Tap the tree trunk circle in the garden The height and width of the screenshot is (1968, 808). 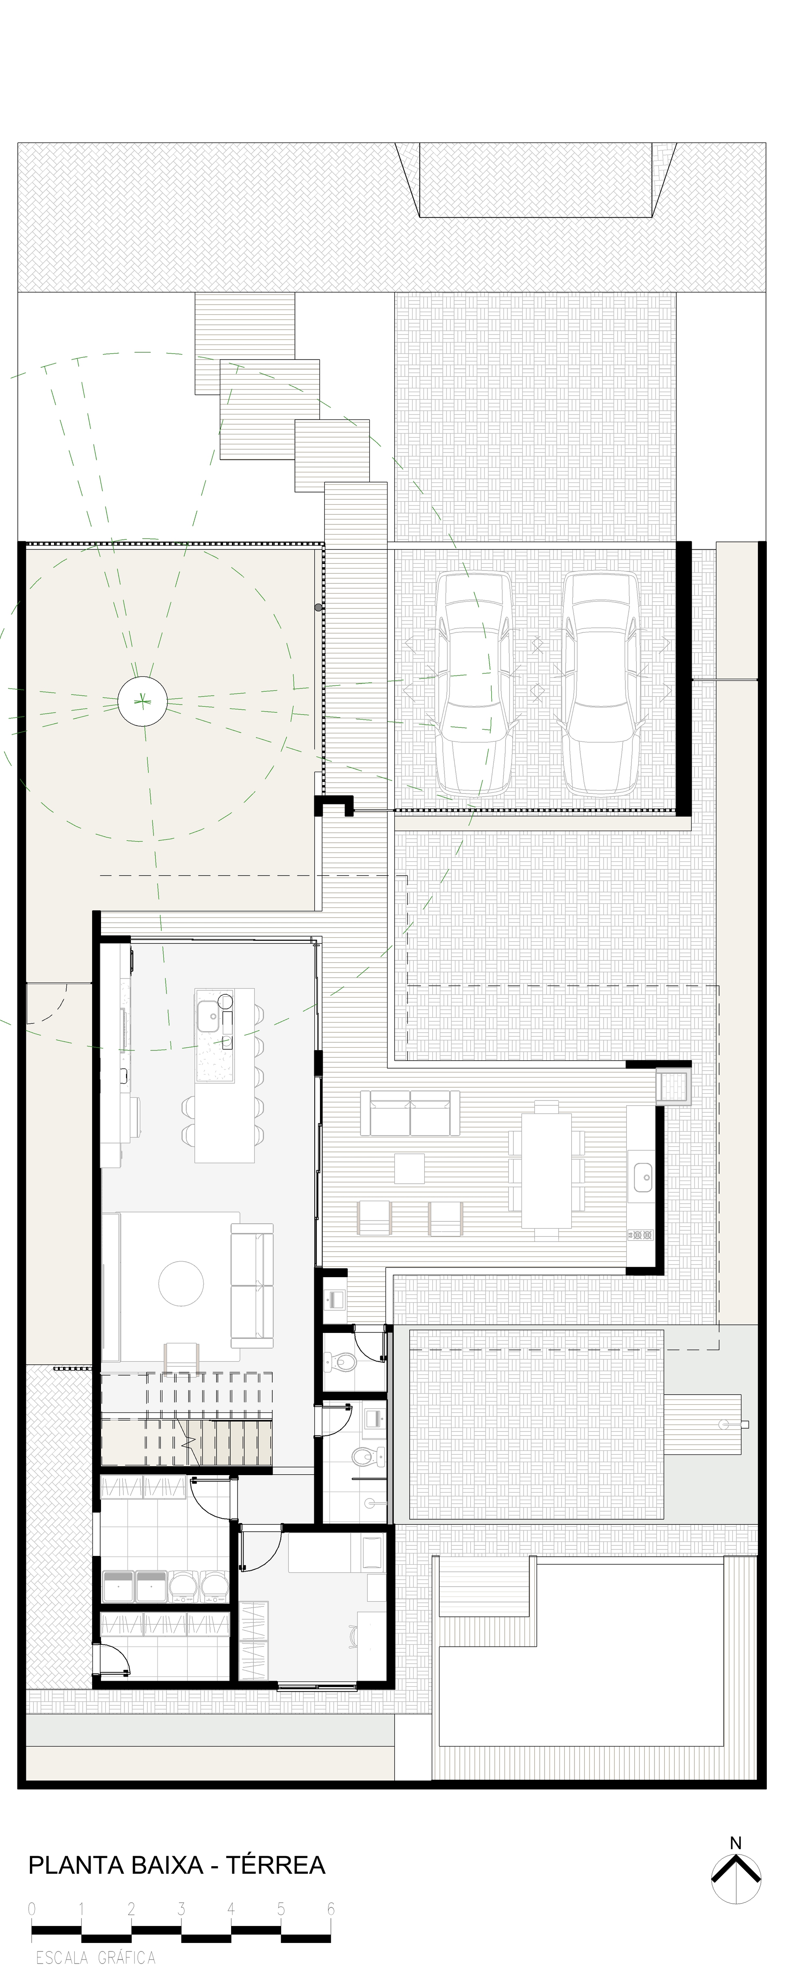(x=142, y=700)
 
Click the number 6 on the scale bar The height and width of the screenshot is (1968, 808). (x=331, y=1909)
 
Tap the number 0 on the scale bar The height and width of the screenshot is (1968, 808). (x=32, y=1909)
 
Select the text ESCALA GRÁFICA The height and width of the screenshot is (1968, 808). (x=95, y=1957)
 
